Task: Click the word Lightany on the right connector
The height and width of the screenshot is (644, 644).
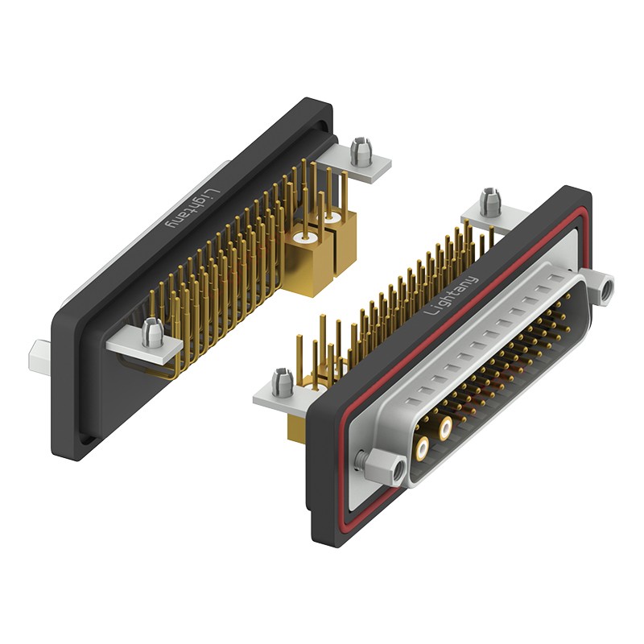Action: click(451, 295)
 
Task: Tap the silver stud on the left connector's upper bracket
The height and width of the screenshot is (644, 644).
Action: click(360, 151)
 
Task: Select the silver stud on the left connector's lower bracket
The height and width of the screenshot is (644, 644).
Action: click(152, 332)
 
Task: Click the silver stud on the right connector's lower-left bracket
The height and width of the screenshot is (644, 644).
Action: click(283, 383)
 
